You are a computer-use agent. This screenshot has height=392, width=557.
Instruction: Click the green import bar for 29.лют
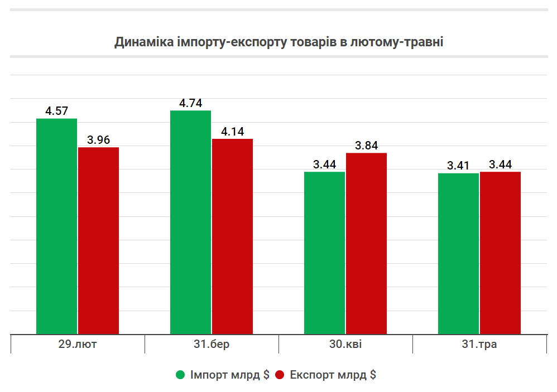(56, 226)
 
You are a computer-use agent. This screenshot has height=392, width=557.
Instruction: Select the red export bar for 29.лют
(99, 240)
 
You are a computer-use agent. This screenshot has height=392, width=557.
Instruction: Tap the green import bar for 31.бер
(190, 222)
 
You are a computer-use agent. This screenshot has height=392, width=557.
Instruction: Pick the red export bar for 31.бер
(233, 236)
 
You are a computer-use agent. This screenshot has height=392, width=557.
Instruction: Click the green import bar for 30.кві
(324, 253)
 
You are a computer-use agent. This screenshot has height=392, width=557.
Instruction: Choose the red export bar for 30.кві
(367, 243)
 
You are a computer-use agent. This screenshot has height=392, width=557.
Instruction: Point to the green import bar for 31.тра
(458, 254)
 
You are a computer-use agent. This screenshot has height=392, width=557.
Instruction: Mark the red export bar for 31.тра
(501, 253)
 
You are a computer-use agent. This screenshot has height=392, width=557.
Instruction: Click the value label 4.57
(56, 111)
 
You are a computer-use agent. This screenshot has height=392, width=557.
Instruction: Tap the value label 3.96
(99, 139)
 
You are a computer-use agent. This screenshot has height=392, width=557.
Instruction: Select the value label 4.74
(190, 103)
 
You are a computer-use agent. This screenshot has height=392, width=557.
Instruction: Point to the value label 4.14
(233, 132)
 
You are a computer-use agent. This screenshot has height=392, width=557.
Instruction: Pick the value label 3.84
(367, 146)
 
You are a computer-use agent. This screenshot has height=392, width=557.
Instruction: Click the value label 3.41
(458, 166)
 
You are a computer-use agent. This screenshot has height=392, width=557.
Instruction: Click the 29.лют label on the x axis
(78, 344)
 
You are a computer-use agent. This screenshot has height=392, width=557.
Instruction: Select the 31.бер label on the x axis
(212, 344)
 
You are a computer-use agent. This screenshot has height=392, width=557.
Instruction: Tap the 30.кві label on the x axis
(345, 344)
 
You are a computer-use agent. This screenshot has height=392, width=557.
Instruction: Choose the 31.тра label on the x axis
(479, 344)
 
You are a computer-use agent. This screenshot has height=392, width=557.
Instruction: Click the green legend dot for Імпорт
(180, 375)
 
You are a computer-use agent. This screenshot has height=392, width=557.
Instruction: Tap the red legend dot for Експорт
(280, 375)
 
